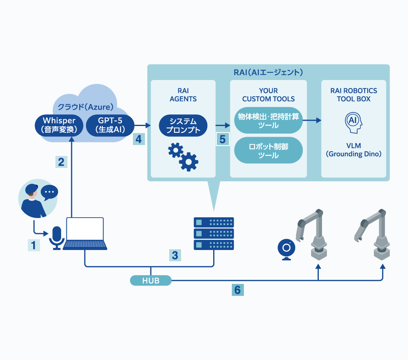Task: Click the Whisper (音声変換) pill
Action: [x=59, y=125]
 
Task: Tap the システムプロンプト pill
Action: [x=183, y=125]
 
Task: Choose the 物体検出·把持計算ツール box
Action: [x=268, y=120]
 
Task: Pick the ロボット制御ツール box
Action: [x=268, y=150]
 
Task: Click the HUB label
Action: [x=151, y=281]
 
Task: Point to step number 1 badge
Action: [x=34, y=245]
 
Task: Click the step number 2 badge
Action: [x=61, y=162]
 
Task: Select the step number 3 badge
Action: [x=175, y=255]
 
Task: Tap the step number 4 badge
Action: [x=138, y=139]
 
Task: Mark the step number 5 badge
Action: [x=223, y=139]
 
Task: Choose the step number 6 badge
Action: [x=238, y=290]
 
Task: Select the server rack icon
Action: [x=214, y=234]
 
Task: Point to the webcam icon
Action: [x=286, y=249]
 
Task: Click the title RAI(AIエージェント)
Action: [x=268, y=73]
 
